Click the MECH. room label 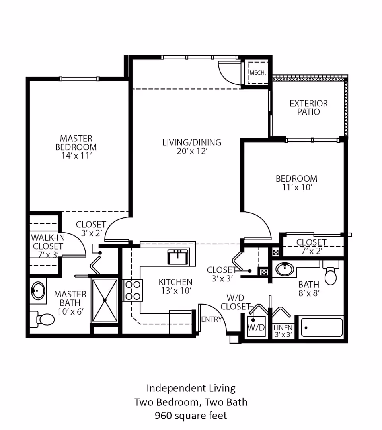coord(257,73)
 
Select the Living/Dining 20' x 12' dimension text coord(192,151)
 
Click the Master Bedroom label coord(76,143)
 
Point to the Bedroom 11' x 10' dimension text coord(296,188)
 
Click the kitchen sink coord(178,257)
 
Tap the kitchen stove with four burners coord(133,290)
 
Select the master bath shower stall coord(105,300)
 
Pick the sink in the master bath coord(37,291)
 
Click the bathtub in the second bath coord(322,327)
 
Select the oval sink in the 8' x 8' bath coord(285,270)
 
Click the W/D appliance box coord(256,327)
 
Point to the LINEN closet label coord(283,328)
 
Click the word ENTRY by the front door coord(211,319)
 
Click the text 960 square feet coord(191,416)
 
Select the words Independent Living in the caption coord(191,388)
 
